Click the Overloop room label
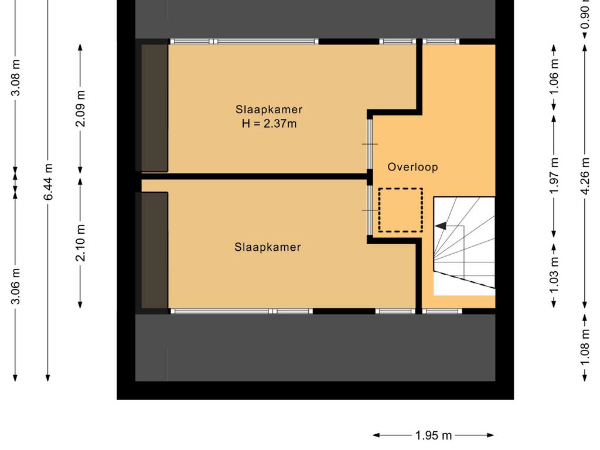pos(412,167)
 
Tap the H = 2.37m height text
pos(269,124)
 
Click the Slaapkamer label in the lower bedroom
pos(267,247)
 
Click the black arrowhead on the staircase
pos(441,226)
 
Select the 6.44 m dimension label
pos(48,182)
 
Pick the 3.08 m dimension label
pos(16,78)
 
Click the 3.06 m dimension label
pos(16,286)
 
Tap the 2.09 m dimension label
pos(80,108)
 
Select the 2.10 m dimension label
pos(80,243)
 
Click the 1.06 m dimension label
pos(554,77)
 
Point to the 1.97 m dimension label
pos(554,176)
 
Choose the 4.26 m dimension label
pos(585,176)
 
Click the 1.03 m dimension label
pos(554,275)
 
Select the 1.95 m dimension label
pos(434,435)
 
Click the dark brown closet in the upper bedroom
pos(155,108)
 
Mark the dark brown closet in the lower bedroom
pos(155,250)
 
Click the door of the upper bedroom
pos(370,144)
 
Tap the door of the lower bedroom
pos(370,210)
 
